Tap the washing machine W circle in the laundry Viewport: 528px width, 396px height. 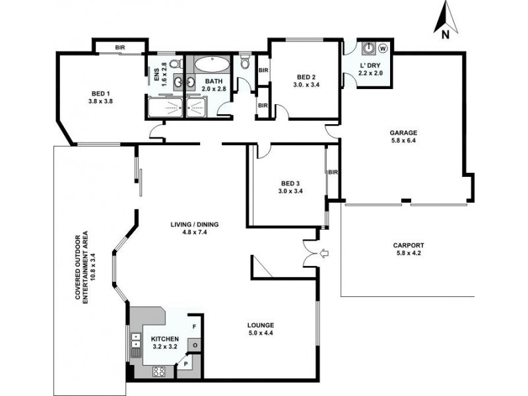383,48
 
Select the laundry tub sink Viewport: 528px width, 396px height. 369,48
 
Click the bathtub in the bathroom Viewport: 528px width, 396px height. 211,63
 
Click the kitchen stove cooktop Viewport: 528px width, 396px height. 158,372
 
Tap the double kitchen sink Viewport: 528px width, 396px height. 136,341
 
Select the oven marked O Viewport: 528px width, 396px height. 195,345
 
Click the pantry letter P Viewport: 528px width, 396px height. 185,364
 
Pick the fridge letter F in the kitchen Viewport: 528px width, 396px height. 194,326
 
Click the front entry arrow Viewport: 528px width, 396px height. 324,253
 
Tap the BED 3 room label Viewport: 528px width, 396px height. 290,183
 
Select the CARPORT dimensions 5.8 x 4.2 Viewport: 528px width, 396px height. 408,253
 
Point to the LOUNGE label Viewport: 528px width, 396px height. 261,325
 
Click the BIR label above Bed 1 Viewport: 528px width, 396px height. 120,48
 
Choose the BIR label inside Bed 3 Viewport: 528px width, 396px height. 333,172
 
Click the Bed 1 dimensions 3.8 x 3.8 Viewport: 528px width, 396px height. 100,101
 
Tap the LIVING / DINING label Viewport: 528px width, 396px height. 195,224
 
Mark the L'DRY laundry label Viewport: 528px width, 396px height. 370,65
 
